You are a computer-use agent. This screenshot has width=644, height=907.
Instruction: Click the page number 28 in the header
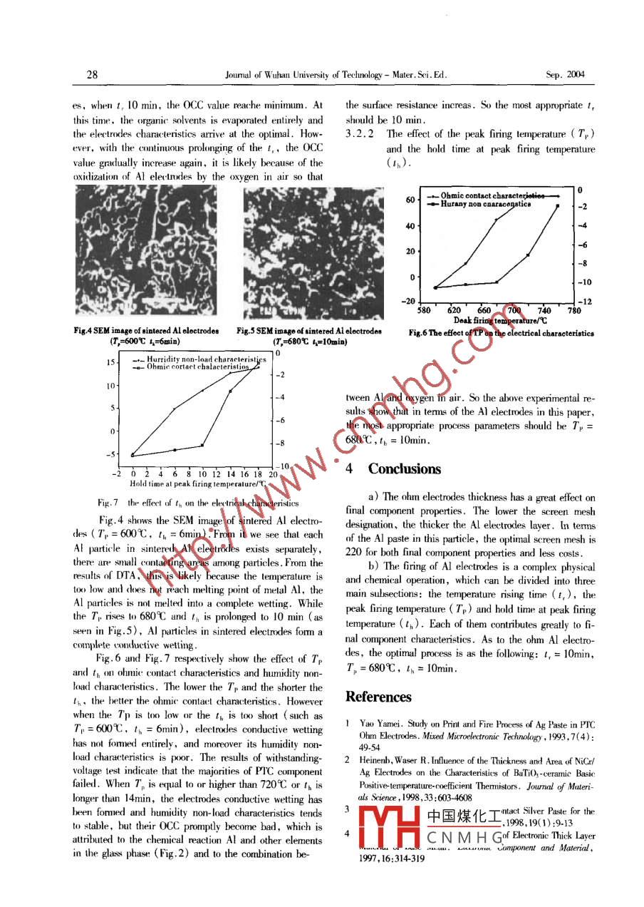point(92,74)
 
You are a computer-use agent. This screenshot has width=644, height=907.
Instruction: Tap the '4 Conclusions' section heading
point(393,468)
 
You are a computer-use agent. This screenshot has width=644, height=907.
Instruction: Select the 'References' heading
point(378,697)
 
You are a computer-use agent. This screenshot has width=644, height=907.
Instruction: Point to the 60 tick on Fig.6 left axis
point(410,200)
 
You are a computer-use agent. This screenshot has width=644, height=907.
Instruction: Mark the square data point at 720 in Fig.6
point(528,255)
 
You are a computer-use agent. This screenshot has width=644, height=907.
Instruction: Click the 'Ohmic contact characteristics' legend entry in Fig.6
point(492,195)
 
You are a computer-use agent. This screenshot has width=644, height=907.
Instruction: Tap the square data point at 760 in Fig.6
point(558,206)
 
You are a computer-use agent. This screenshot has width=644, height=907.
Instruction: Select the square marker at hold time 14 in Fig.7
point(230,391)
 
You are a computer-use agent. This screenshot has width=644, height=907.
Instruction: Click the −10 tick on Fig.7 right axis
point(283,466)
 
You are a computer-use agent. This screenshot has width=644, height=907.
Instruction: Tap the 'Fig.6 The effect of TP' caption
point(501,333)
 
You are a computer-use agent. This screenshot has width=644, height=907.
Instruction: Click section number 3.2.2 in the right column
point(360,133)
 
